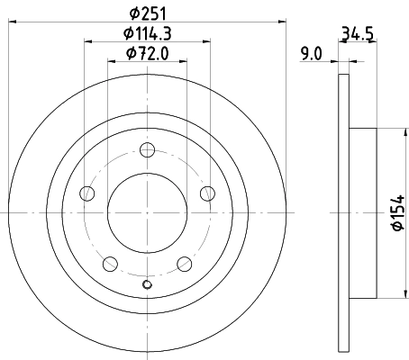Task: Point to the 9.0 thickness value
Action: pyautogui.click(x=312, y=55)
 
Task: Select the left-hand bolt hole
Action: pyautogui.click(x=87, y=193)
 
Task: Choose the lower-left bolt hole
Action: pyautogui.click(x=110, y=263)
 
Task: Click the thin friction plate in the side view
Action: pyautogui.click(x=343, y=212)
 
